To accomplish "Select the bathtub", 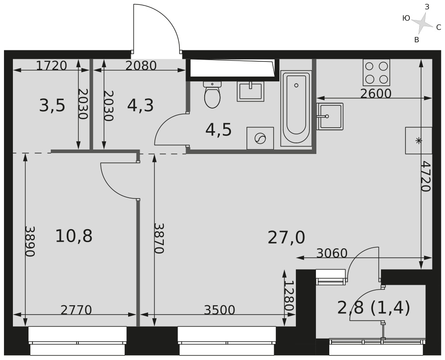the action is [296, 109].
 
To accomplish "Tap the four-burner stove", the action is [376, 73].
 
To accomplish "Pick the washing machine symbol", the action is [260, 138].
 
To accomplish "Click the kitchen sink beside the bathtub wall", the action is [330, 116].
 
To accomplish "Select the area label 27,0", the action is [286, 238].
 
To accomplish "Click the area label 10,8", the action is [74, 236].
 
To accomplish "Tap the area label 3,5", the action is [52, 105].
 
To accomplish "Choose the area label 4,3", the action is [141, 105].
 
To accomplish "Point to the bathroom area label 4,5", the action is [218, 130].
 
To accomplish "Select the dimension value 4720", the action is [426, 176].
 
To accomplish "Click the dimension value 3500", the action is [220, 310].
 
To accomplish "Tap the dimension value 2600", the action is [376, 93].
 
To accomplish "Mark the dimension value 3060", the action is [332, 253].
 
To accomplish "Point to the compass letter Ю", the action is [406, 18].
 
